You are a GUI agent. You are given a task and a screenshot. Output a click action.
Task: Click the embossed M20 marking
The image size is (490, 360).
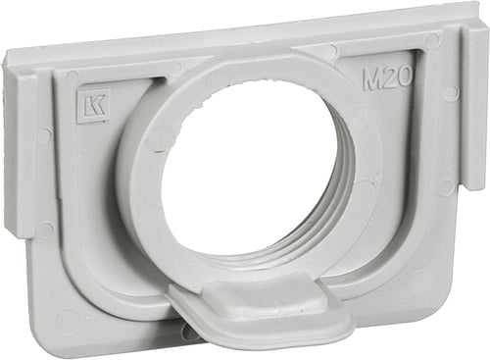(387, 79)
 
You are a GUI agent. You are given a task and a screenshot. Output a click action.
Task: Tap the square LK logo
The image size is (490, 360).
(92, 106)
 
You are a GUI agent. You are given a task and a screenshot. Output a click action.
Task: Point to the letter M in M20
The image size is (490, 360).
(371, 80)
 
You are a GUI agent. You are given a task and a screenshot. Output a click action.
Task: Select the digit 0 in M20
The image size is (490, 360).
(404, 78)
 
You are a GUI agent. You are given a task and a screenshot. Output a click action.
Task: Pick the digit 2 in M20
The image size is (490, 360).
(389, 79)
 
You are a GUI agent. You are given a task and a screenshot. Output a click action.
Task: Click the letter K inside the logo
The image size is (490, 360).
(96, 106)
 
